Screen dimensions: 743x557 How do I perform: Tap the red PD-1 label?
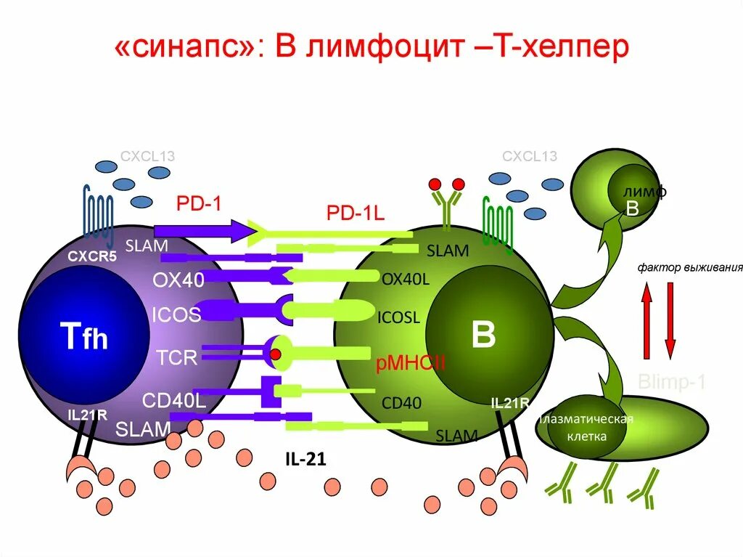198,203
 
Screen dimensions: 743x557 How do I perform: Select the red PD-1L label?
355,213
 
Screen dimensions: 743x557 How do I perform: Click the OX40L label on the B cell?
406,278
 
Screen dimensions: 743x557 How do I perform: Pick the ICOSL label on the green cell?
398,317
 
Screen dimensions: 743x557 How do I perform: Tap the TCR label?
177,357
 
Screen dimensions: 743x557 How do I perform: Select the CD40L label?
174,400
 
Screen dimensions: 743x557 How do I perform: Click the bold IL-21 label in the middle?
305,459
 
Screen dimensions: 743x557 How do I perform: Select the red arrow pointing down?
670,319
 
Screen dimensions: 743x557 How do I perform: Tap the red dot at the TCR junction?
276,354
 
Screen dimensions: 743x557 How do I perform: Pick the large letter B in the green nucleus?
483,336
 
